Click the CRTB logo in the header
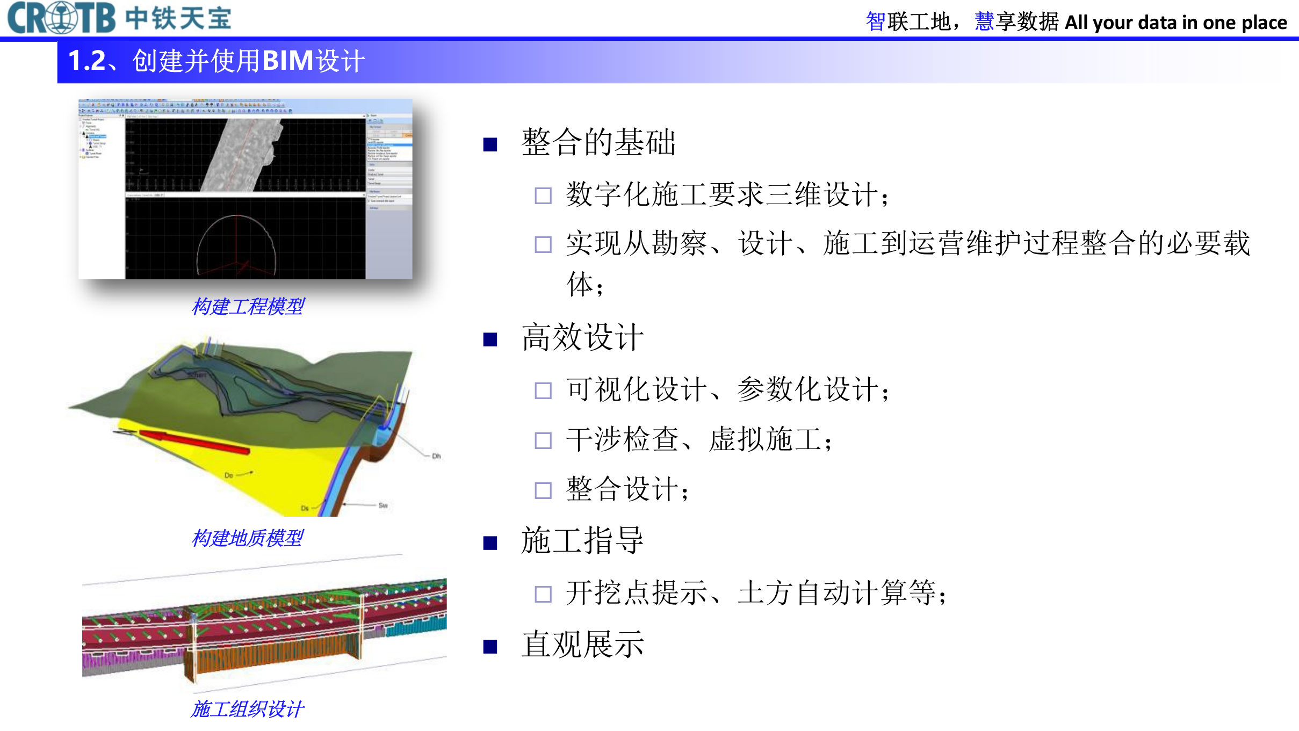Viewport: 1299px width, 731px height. (61, 18)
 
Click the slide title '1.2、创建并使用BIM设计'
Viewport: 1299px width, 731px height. (216, 61)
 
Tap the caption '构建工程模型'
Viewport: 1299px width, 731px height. (248, 307)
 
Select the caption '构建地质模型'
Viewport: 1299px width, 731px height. (248, 538)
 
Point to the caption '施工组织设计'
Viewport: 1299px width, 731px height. (248, 709)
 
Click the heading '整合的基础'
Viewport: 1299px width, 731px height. (598, 143)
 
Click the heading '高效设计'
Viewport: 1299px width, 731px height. (582, 338)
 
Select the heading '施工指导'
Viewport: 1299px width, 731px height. (582, 541)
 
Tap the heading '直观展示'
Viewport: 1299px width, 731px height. (582, 645)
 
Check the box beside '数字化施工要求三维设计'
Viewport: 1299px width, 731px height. (543, 196)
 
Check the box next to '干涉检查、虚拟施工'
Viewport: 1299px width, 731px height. (543, 440)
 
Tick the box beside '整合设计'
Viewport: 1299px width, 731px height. (543, 490)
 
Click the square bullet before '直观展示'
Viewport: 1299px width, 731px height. (490, 647)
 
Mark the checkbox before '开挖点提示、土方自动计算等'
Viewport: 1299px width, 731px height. (543, 594)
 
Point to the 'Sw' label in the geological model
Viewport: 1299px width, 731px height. (383, 505)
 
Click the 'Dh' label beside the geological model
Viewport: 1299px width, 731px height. (436, 457)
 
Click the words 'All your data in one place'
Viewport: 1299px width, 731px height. (1176, 23)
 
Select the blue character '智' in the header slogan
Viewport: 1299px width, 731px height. (876, 22)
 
